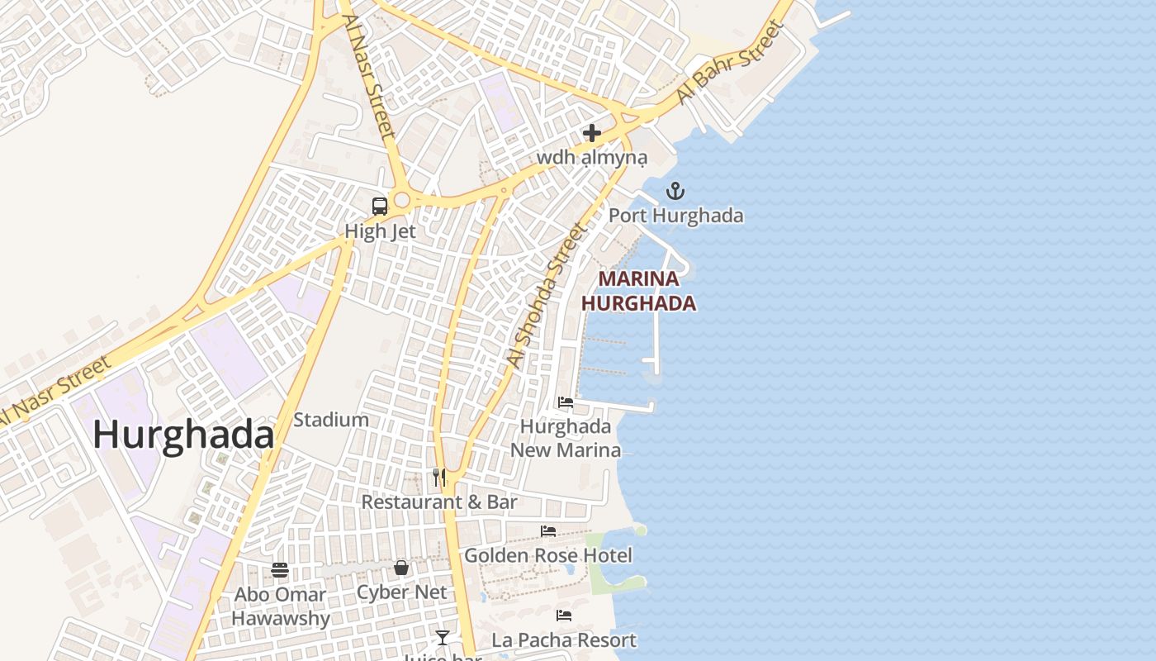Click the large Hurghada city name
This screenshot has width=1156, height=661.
[183, 435]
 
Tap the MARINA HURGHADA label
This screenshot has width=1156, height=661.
[638, 291]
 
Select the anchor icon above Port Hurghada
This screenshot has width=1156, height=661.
[675, 192]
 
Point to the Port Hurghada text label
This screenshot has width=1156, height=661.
[675, 216]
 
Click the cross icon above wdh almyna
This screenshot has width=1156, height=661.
[591, 132]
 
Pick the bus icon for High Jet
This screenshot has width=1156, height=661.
[380, 207]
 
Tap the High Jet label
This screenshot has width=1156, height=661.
[380, 231]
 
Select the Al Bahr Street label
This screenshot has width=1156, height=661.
[729, 62]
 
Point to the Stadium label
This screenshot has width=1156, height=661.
[331, 420]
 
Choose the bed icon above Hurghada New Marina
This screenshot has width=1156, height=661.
[566, 402]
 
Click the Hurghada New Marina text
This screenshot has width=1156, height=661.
[566, 438]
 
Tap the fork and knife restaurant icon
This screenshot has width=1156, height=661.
[439, 478]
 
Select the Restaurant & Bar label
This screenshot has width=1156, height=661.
[439, 502]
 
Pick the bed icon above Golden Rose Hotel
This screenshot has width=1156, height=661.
[548, 530]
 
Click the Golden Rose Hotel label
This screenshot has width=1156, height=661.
[548, 555]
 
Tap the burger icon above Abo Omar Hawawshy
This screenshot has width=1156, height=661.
[280, 569]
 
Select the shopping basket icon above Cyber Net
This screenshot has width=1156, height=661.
[401, 568]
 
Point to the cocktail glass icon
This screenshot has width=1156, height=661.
[443, 637]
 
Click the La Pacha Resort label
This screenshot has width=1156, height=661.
[564, 640]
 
